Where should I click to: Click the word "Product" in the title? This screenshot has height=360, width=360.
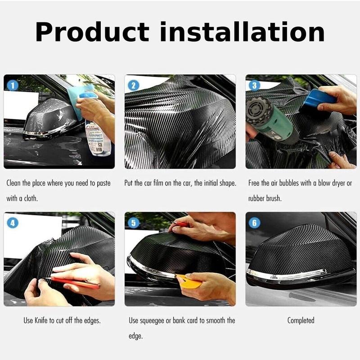93,32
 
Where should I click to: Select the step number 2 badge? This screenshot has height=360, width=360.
133,84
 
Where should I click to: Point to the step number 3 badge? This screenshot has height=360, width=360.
254,84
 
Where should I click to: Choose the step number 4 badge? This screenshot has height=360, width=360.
12,222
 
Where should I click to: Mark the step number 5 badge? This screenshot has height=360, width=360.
133,222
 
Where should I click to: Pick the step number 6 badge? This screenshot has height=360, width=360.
254,222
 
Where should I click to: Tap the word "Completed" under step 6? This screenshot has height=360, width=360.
301,320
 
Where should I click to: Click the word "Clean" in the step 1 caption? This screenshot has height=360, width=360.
15,183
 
